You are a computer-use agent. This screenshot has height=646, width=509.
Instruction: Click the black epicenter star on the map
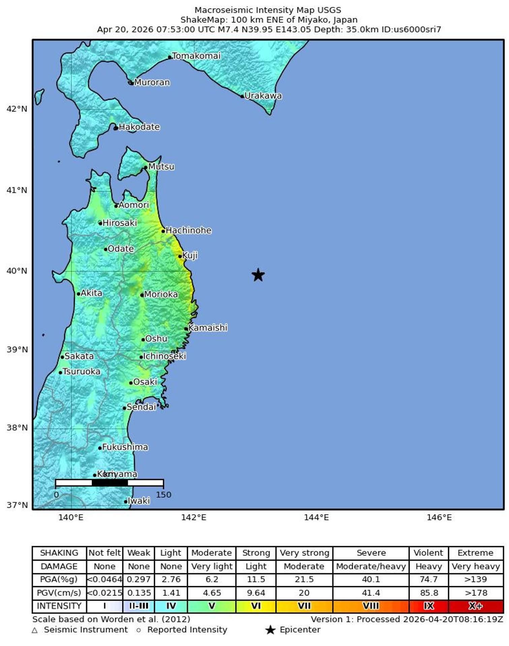pyautogui.click(x=258, y=275)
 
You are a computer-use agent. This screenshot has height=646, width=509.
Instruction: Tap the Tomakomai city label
pyautogui.click(x=196, y=56)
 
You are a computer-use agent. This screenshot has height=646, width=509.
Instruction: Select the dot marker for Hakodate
pyautogui.click(x=116, y=128)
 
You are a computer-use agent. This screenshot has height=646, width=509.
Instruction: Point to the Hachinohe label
pyautogui.click(x=189, y=230)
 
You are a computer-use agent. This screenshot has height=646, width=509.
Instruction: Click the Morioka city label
pyautogui.click(x=161, y=294)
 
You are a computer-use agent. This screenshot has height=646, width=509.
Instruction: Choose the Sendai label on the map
pyautogui.click(x=141, y=407)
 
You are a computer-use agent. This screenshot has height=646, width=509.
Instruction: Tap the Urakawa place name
pyautogui.click(x=263, y=96)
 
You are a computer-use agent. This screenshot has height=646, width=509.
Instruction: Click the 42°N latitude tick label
pyautogui.click(x=17, y=109)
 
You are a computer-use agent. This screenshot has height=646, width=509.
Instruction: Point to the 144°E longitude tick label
pyautogui.click(x=316, y=517)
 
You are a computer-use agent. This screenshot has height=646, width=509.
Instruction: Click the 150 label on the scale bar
pyautogui.click(x=163, y=495)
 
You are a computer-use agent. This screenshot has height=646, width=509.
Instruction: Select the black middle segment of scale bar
pyautogui.click(x=109, y=483)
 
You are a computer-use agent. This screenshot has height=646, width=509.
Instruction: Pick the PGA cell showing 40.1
pyautogui.click(x=371, y=579)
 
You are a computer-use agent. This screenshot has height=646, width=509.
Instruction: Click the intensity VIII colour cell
pyautogui.click(x=371, y=606)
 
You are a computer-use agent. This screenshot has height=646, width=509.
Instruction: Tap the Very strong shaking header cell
pyautogui.click(x=304, y=553)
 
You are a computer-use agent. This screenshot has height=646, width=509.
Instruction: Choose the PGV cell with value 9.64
pyautogui.click(x=256, y=593)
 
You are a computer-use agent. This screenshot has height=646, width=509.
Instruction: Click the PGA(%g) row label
pyautogui.click(x=59, y=579)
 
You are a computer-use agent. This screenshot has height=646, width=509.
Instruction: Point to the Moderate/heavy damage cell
pyautogui.click(x=371, y=566)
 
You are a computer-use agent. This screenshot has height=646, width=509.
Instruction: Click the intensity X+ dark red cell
pyautogui.click(x=476, y=606)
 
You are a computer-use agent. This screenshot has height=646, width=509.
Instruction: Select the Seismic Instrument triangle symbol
pyautogui.click(x=35, y=630)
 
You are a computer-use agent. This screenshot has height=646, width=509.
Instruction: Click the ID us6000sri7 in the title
pyautogui.click(x=411, y=29)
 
